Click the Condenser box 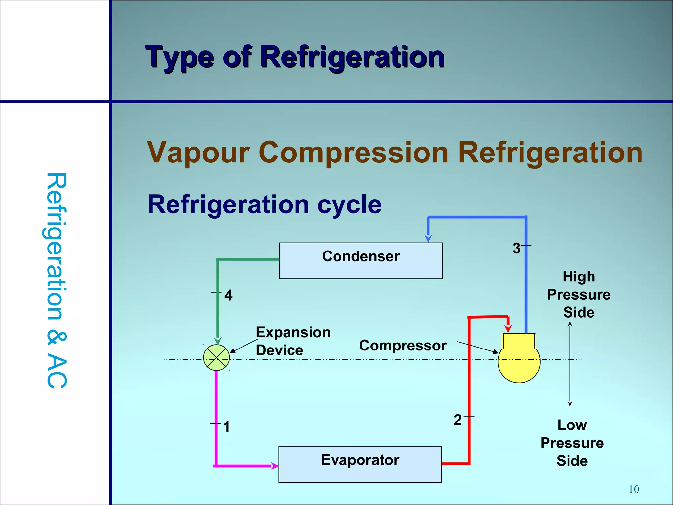coord(360,261)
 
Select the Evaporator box coord(360,464)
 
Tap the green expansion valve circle coord(216,358)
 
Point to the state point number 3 coord(516,248)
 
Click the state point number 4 coord(228,295)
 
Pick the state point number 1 coord(226,427)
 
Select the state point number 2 coord(457,420)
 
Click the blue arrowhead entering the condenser coord(428,238)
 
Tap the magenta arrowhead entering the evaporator coord(274,466)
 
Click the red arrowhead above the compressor coord(508,328)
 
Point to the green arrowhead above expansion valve coord(218,341)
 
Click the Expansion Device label coord(293,341)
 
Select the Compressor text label coord(403,346)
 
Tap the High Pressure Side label coord(579,294)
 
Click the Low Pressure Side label coord(572,443)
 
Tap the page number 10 coord(634,489)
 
